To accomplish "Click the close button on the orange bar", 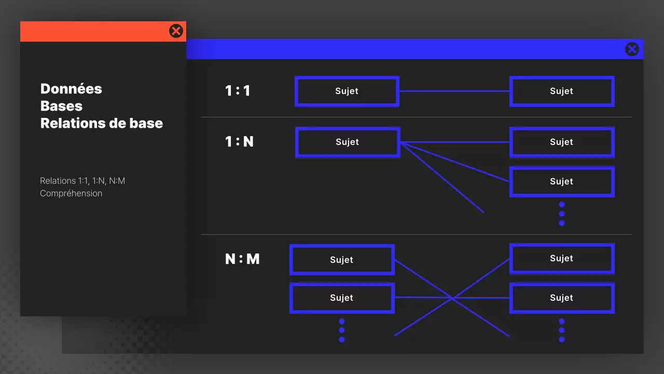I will coord(176,31).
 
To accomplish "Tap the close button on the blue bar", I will coord(632,49).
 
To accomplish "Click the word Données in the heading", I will coord(71,89).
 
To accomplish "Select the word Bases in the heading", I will coord(61,106).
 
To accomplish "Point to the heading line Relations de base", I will coord(102,123).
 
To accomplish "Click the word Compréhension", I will coord(71,193).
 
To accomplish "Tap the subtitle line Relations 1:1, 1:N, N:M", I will coord(82,181).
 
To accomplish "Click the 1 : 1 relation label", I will coord(238,91).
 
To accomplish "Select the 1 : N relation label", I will coord(239,141).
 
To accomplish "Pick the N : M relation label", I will coord(242,259).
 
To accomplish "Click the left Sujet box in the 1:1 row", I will coord(347,91).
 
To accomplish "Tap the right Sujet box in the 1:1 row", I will coord(562,91).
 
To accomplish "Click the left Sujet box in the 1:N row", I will coord(347,142).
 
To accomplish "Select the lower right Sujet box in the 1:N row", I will coord(562,182).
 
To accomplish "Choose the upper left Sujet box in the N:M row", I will coord(341,260).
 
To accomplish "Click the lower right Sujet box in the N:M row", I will coord(562,298).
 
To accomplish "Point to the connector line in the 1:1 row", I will coord(454,91).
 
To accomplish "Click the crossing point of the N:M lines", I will coord(452,298).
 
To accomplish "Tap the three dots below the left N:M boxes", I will coord(342,330).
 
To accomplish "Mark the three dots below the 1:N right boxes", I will coord(562,213).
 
